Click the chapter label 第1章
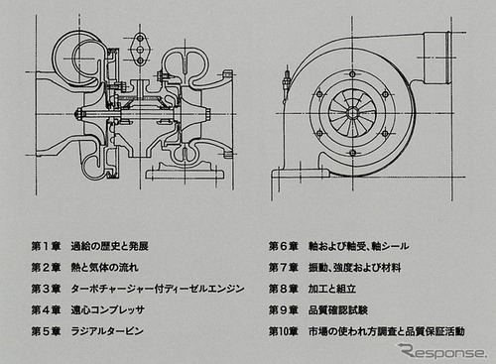pyautogui.click(x=46, y=245)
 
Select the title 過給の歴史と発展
pyautogui.click(x=111, y=245)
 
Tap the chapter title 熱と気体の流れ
pyautogui.click(x=105, y=267)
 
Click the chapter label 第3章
pyautogui.click(x=46, y=288)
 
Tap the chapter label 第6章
pyautogui.click(x=285, y=245)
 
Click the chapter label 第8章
pyautogui.click(x=285, y=288)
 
